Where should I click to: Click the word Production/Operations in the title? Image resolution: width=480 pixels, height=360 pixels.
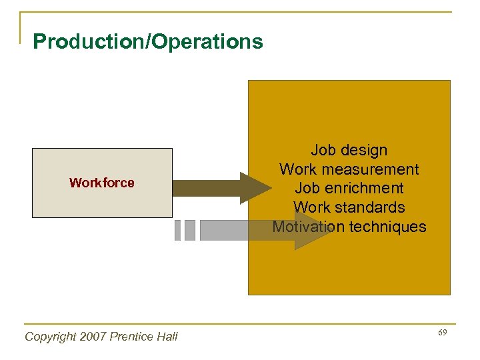point(148,42)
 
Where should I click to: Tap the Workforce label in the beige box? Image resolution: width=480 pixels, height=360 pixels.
point(102,183)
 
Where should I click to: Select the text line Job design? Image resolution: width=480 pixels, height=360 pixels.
point(349,150)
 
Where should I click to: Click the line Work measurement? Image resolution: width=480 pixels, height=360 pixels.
point(349,169)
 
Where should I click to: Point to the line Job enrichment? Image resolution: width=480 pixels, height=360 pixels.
point(349,188)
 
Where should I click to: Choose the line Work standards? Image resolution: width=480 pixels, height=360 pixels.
point(349,207)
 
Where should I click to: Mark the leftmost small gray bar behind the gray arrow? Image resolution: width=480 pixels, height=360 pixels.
point(177,230)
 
